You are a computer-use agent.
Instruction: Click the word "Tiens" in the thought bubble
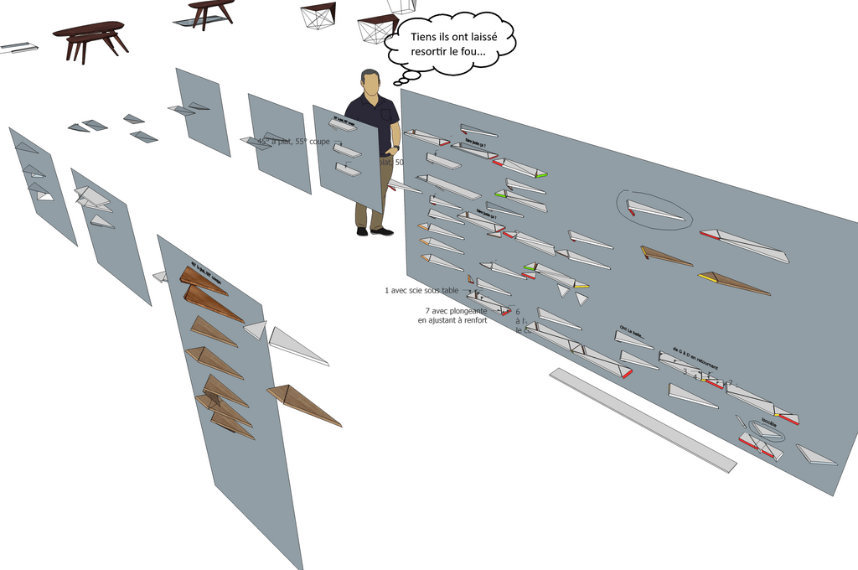[x=426, y=37]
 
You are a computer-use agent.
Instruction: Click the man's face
[x=371, y=85]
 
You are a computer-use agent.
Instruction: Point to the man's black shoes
[x=374, y=231]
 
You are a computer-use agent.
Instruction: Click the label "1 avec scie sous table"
[x=421, y=291]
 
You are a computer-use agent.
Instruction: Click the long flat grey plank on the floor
[x=642, y=418]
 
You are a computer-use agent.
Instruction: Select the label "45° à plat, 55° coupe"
[x=294, y=142]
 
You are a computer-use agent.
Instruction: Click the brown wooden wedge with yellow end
[x=734, y=283]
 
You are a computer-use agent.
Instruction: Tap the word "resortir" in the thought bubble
[x=430, y=52]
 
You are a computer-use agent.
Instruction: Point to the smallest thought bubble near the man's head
[x=398, y=83]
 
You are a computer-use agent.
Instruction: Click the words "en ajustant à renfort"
[x=452, y=320]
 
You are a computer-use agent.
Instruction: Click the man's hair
[x=370, y=74]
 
